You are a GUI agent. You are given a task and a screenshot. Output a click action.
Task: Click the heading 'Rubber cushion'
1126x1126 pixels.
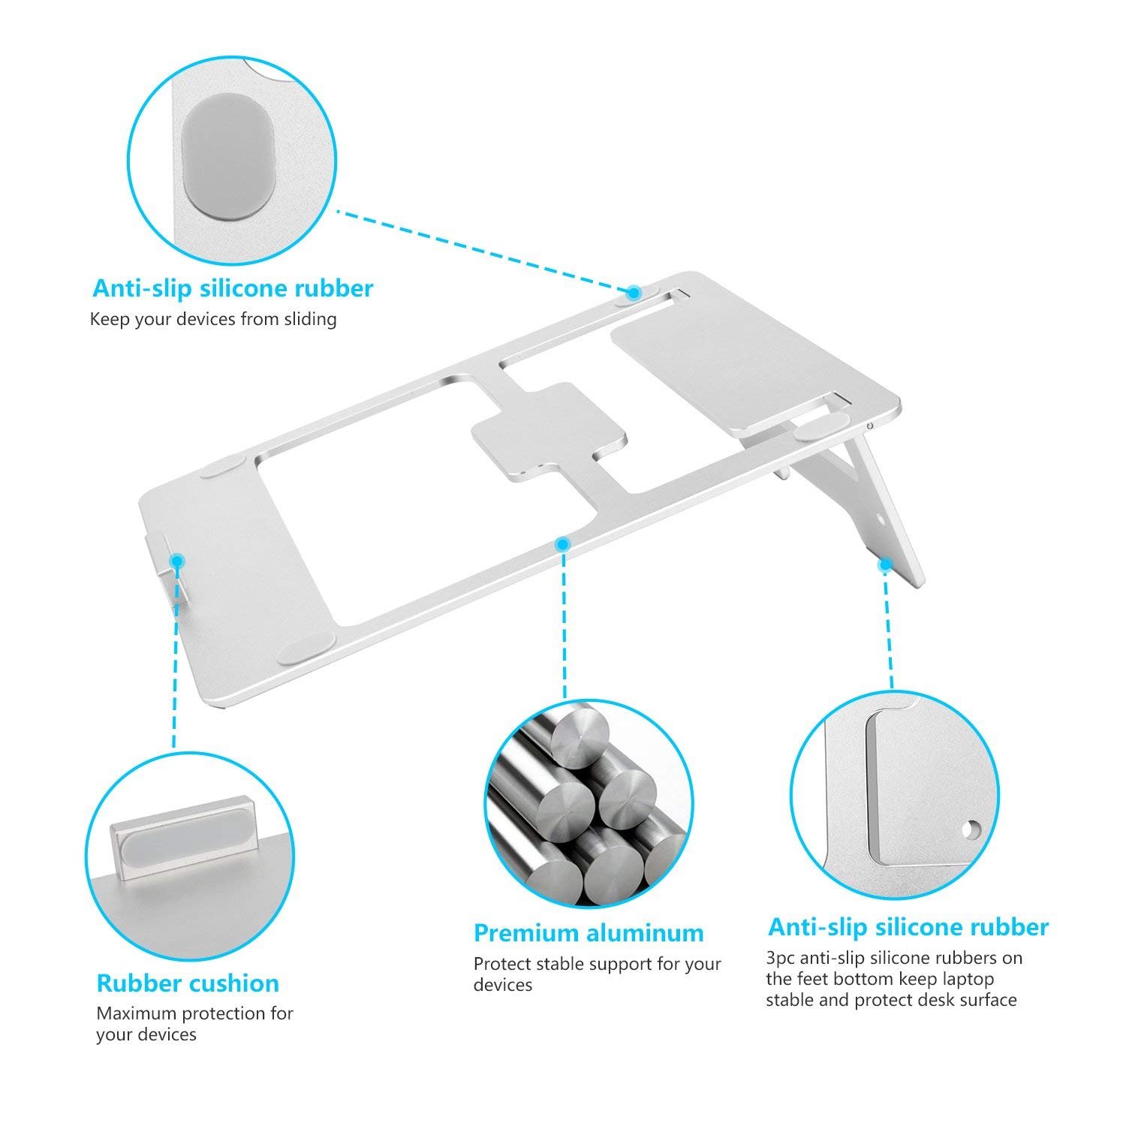pos(188,983)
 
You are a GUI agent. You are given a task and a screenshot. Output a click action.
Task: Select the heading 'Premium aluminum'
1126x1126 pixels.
pos(589,933)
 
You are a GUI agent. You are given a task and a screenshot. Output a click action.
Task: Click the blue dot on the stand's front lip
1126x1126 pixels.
pos(177,560)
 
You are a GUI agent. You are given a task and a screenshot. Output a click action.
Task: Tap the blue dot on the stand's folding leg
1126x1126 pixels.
pos(886,563)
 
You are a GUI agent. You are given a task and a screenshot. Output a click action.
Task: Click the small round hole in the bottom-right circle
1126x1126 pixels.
pos(974,829)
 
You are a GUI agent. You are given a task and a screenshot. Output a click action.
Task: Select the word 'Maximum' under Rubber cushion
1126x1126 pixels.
pos(133,1013)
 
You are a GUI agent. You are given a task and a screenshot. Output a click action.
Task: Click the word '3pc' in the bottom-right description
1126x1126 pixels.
pos(781,959)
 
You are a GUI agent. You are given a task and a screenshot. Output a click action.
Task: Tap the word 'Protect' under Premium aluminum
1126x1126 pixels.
pos(502,964)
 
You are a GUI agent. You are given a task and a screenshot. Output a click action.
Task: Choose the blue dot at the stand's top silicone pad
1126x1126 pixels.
pos(634,291)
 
